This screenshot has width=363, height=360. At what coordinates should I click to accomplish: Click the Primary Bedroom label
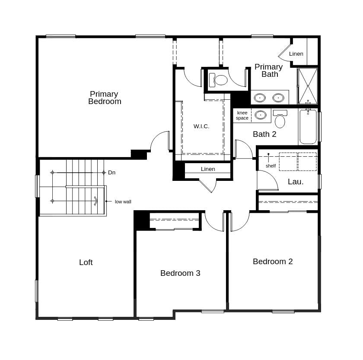[105, 98]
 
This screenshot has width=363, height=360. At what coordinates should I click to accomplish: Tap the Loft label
[86, 262]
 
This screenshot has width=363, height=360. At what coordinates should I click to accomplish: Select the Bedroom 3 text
[180, 273]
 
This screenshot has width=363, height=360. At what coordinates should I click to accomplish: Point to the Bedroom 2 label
[273, 262]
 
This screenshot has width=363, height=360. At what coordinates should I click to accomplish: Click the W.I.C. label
[201, 126]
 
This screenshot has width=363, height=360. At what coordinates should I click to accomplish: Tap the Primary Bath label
[268, 70]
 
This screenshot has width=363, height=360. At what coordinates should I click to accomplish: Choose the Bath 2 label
[264, 134]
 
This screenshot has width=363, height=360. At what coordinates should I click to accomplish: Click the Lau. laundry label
[296, 182]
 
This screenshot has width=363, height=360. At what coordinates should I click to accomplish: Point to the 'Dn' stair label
[112, 173]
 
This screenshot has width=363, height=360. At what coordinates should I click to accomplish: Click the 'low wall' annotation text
[123, 202]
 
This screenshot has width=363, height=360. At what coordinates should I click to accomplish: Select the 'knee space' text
[242, 115]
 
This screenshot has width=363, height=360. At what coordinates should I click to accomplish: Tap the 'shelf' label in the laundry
[271, 166]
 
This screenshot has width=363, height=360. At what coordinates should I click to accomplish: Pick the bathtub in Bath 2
[308, 127]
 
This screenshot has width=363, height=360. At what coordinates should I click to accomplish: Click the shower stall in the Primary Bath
[308, 86]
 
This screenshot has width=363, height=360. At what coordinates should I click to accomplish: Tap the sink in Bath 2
[260, 115]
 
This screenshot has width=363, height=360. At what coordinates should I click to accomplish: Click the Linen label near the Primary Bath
[296, 54]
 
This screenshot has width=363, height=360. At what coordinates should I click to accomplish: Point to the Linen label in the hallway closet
[208, 169]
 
